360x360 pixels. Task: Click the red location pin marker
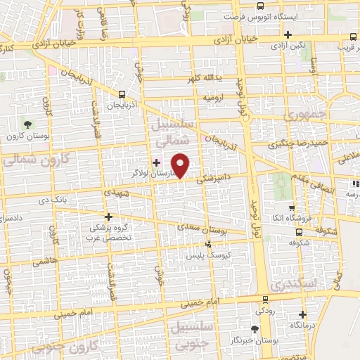pos(181,165)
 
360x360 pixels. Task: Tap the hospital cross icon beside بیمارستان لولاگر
pos(156,162)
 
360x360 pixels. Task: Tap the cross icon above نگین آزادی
pos(287,34)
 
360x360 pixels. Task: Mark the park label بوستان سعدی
pos(221,229)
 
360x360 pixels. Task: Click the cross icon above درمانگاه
pos(303,314)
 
